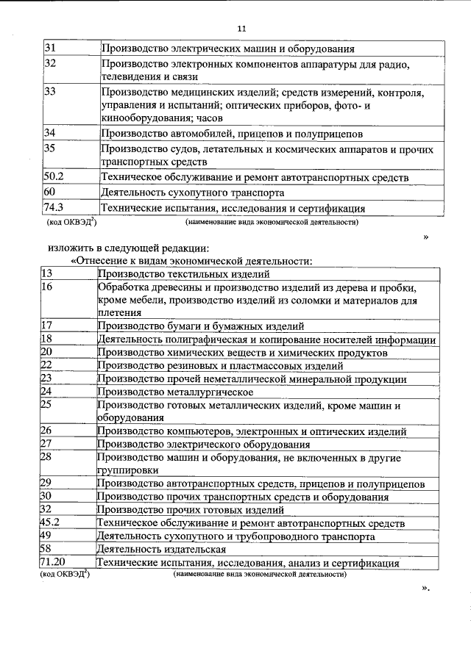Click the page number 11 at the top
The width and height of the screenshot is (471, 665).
(x=241, y=29)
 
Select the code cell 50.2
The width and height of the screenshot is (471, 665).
(x=54, y=178)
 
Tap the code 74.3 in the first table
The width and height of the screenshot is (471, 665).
(x=54, y=208)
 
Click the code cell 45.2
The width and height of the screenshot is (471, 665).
(x=49, y=523)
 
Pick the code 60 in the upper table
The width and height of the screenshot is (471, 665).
(x=50, y=193)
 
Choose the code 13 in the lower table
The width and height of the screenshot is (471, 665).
(x=46, y=273)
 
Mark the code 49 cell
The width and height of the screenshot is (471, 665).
(x=46, y=536)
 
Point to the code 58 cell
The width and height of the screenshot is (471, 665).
(x=46, y=550)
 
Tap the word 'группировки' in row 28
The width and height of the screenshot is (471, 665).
(x=128, y=470)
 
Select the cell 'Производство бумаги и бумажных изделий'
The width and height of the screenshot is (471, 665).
(x=200, y=326)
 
